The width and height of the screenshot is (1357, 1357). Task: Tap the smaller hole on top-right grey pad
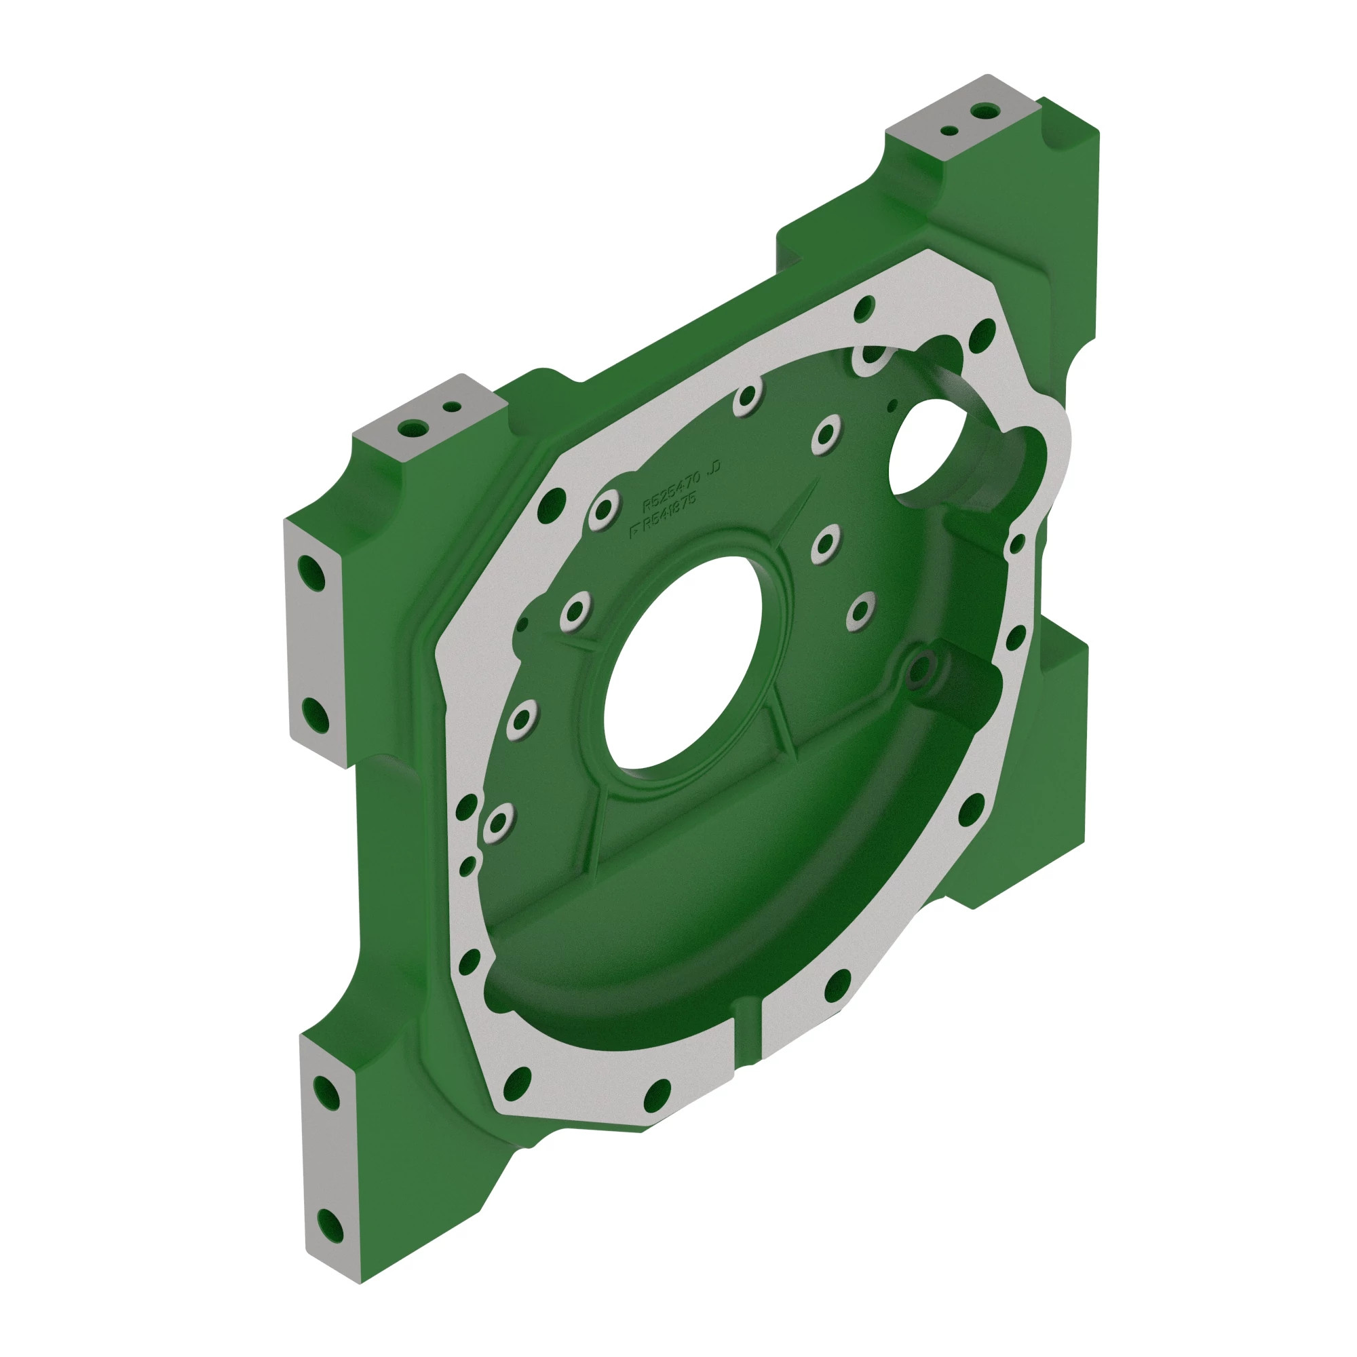pyautogui.click(x=949, y=131)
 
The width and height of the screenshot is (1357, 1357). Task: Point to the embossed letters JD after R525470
pyautogui.click(x=715, y=467)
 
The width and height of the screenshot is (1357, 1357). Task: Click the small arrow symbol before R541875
pyautogui.click(x=635, y=531)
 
